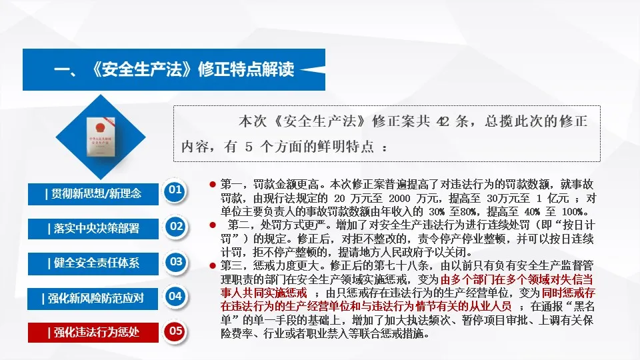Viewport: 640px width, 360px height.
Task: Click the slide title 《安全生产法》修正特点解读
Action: (x=173, y=69)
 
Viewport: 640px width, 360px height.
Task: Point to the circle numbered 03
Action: (x=176, y=261)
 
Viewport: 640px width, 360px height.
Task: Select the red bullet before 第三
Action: (x=212, y=265)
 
